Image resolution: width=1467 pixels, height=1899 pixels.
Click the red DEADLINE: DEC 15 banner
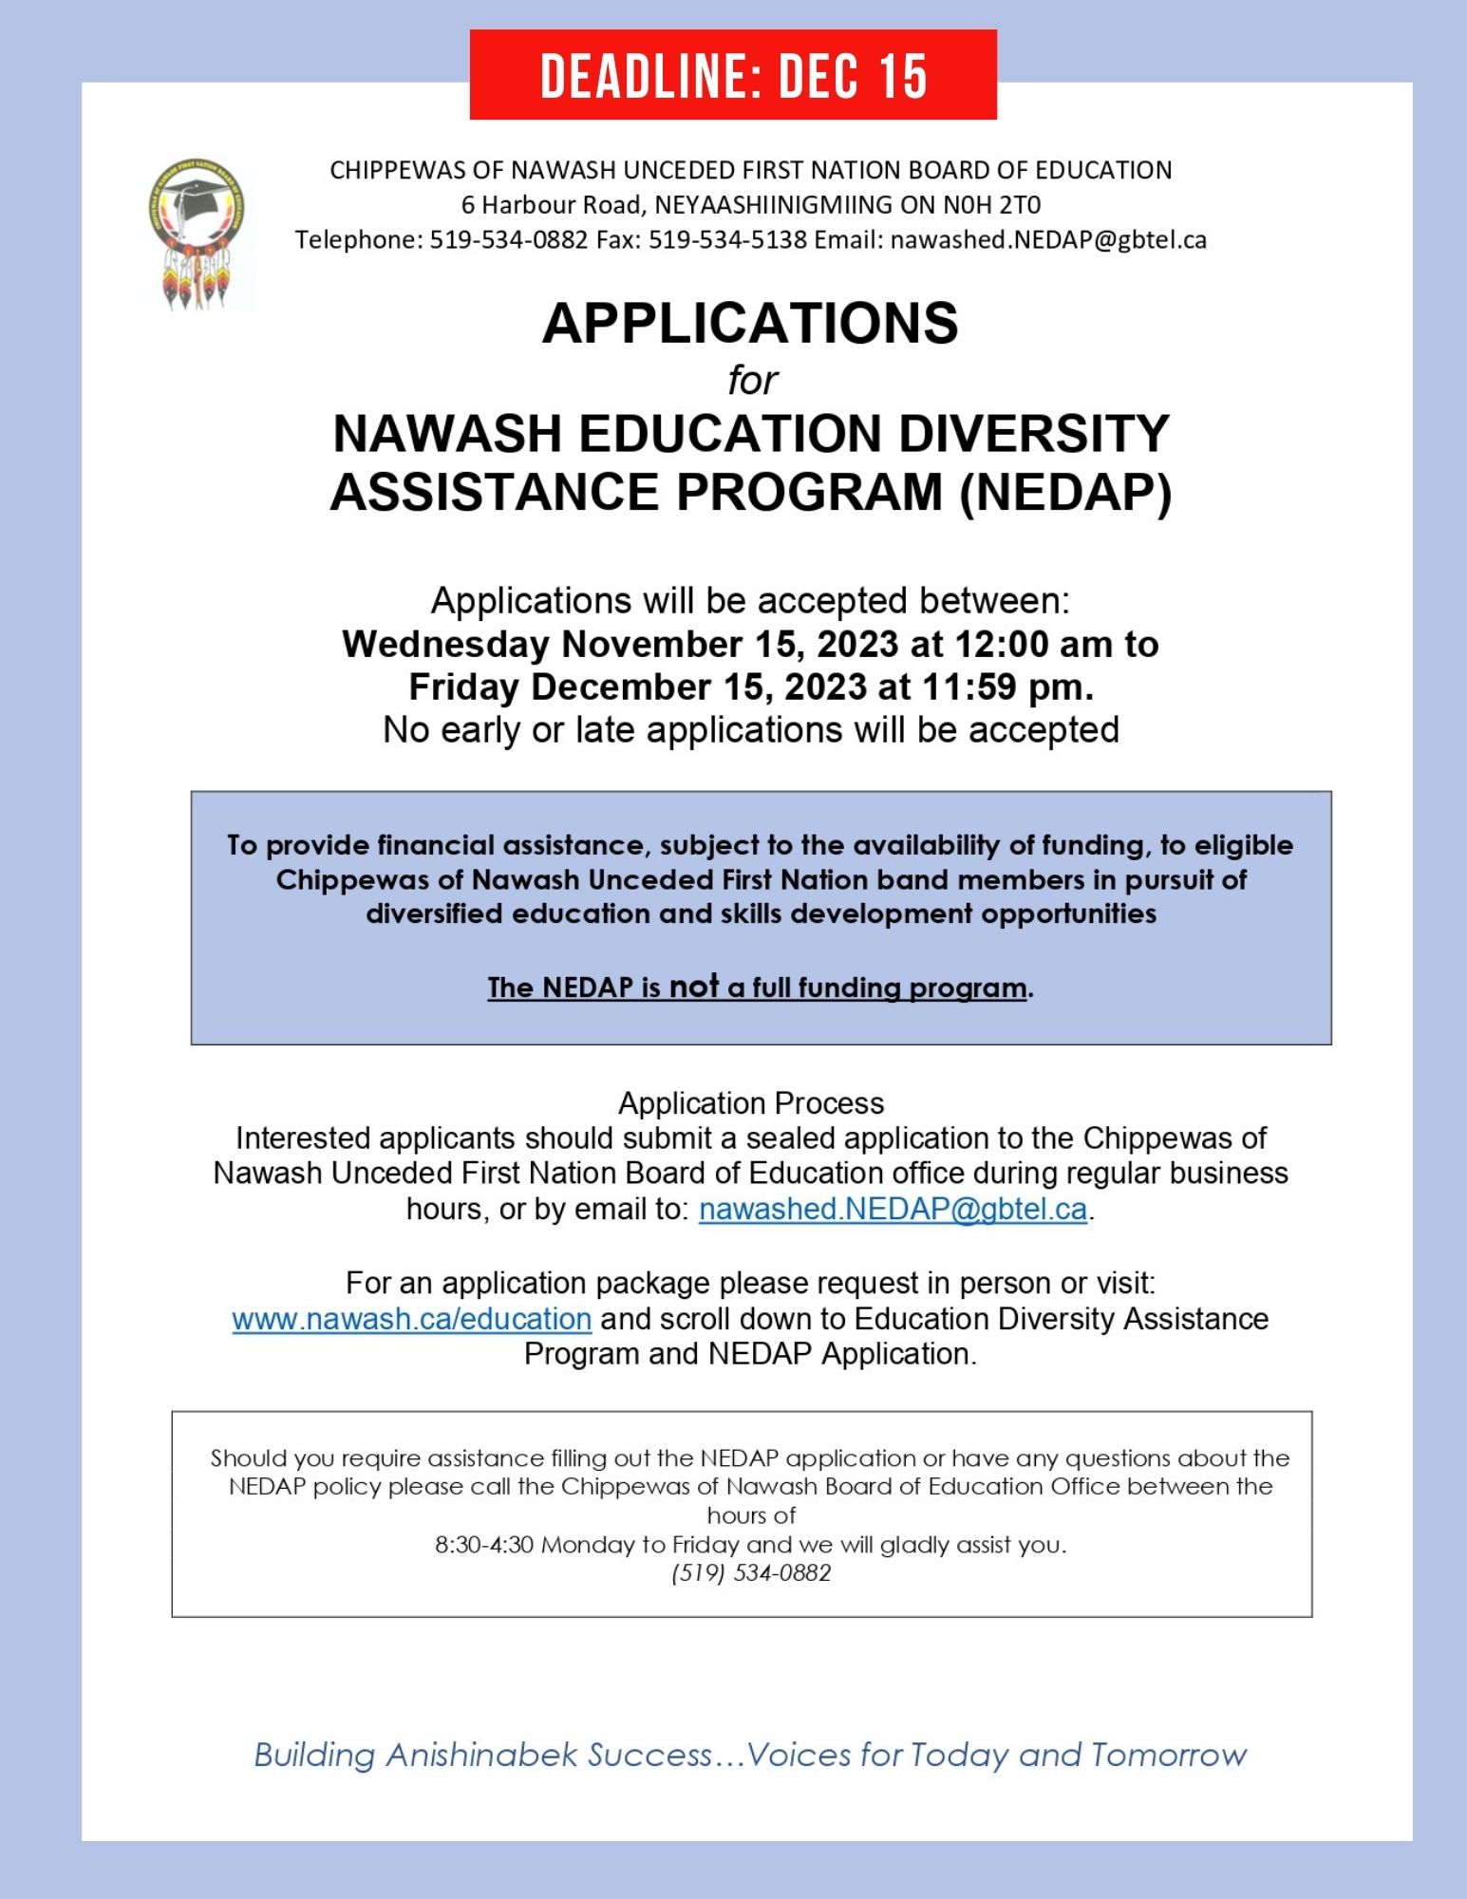coord(733,75)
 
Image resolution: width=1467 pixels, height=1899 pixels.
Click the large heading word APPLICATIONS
coord(750,323)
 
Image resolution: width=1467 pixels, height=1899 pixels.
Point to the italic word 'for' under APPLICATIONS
coord(752,381)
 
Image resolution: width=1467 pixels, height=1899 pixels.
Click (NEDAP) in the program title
coord(1065,492)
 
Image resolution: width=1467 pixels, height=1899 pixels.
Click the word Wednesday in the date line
coord(445,645)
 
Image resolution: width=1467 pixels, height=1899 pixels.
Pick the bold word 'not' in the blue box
coord(694,987)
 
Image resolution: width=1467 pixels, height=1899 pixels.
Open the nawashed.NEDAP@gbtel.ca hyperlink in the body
coord(893,1210)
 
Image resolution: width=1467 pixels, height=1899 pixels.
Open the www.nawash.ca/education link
coord(411,1319)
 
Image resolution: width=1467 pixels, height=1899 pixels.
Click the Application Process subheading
coord(751,1103)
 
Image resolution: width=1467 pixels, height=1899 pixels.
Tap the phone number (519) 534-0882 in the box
coord(751,1573)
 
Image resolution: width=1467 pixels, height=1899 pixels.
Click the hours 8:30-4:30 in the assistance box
coord(483,1545)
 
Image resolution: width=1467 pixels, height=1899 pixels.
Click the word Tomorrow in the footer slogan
coord(1168,1755)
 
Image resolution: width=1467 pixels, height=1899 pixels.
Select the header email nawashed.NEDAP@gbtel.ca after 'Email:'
coord(1048,240)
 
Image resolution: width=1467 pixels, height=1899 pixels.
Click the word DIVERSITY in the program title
coord(1034,434)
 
